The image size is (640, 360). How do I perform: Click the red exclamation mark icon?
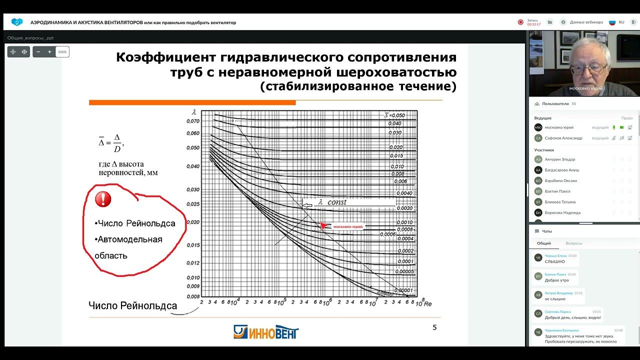(103, 199)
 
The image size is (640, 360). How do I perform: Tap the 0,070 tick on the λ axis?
(192, 121)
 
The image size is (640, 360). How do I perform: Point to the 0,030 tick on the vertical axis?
(192, 189)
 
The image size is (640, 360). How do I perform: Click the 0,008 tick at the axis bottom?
(192, 296)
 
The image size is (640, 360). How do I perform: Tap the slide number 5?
(434, 327)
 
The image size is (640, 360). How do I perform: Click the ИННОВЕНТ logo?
(266, 332)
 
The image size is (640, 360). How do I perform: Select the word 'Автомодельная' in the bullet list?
(130, 239)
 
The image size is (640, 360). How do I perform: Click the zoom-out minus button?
(38, 52)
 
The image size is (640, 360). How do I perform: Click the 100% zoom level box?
(62, 52)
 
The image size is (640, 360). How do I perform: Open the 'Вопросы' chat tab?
(573, 243)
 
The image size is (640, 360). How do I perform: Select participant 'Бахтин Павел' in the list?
(557, 191)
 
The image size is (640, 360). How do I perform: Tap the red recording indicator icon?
(520, 22)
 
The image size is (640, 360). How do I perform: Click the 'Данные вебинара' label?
(586, 22)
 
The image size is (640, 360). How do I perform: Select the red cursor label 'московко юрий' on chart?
(347, 226)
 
